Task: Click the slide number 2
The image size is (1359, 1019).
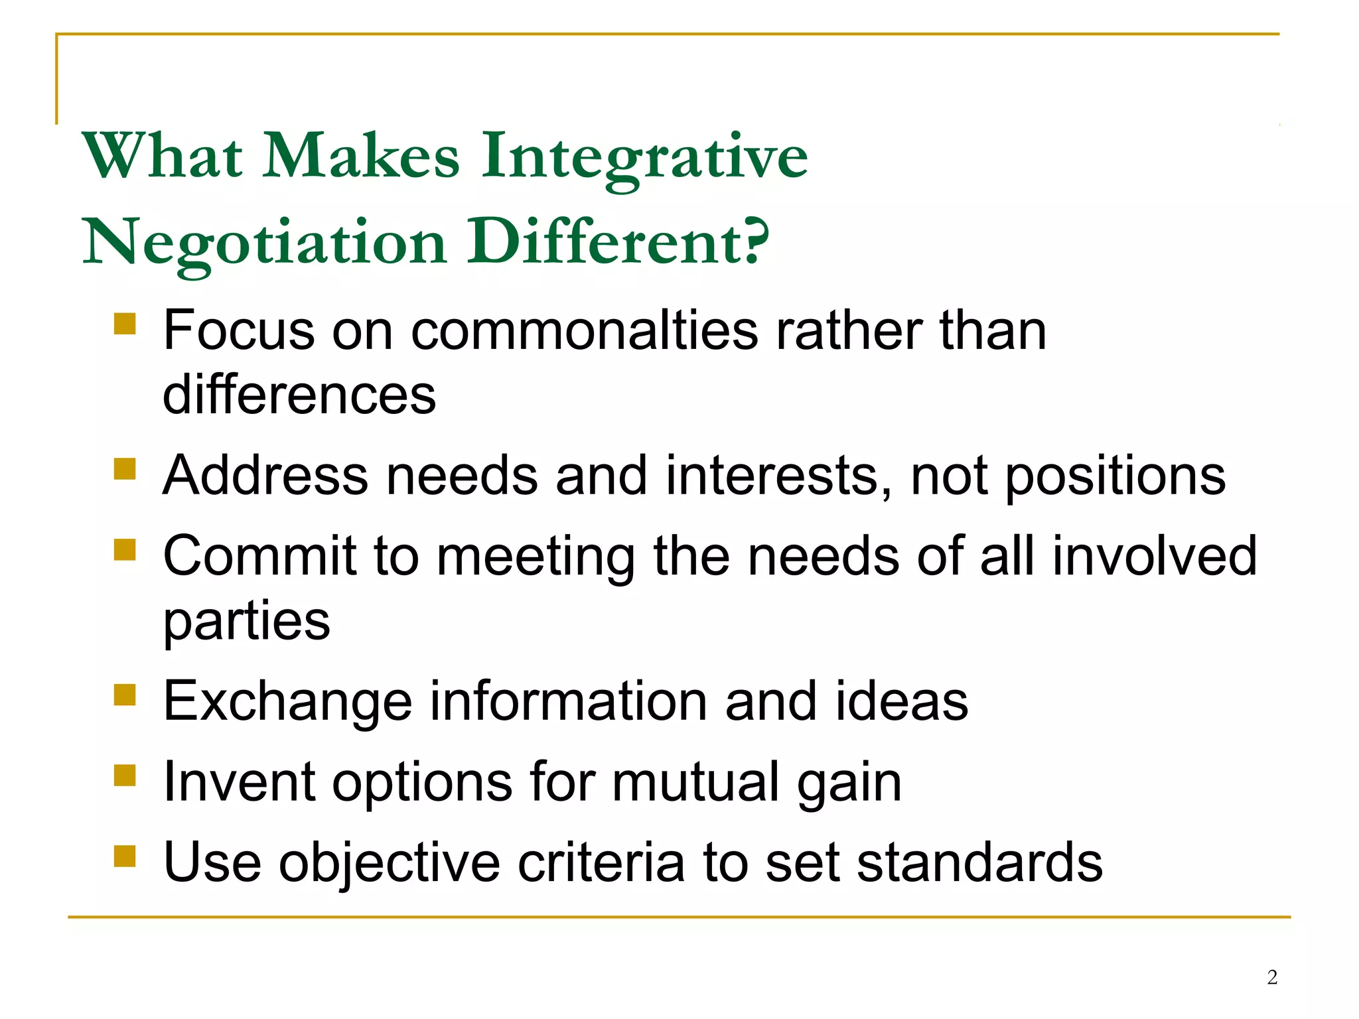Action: click(x=1271, y=977)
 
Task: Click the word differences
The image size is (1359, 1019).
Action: click(x=299, y=395)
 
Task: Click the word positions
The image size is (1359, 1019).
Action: click(x=1115, y=476)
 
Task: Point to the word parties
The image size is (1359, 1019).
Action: click(x=246, y=622)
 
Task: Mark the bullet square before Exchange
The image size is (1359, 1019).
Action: click(x=125, y=695)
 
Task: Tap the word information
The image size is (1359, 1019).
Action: click(x=568, y=701)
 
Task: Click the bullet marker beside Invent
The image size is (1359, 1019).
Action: click(x=125, y=775)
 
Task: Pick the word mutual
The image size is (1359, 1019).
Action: click(x=694, y=781)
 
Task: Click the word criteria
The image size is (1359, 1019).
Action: click(x=601, y=862)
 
